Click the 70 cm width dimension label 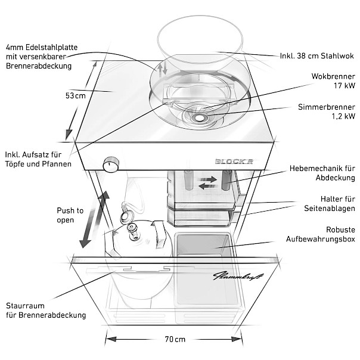[175, 339]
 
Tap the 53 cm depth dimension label [76, 95]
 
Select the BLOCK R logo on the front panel [234, 162]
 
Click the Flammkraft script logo [238, 276]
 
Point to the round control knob [111, 165]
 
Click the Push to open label [70, 215]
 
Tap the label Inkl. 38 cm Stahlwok [317, 56]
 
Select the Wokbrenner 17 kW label [333, 81]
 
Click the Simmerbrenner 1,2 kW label [327, 111]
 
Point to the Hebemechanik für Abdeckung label [322, 173]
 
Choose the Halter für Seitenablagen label [330, 203]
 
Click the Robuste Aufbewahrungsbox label [321, 234]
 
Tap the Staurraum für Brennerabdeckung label [46, 311]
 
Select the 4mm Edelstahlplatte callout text [42, 57]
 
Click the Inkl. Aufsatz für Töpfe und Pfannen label [38, 159]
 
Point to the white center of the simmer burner [198, 118]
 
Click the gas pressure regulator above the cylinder [126, 216]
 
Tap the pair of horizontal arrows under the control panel [207, 182]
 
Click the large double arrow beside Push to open [94, 219]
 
